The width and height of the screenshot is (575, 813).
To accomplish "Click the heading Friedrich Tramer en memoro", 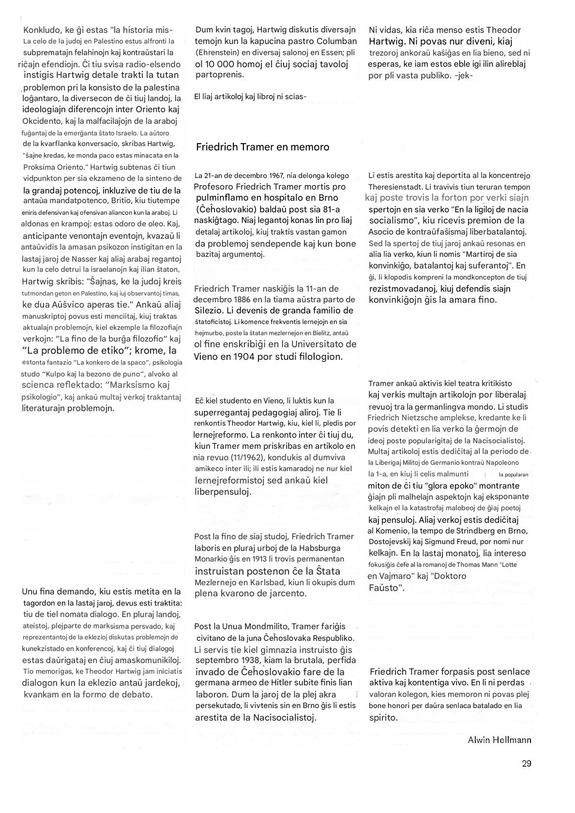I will [x=262, y=147].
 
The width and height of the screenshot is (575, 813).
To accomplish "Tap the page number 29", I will [x=527, y=763].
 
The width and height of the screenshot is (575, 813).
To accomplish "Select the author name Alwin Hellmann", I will [x=499, y=739].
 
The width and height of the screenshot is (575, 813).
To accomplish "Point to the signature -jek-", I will [x=464, y=75].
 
